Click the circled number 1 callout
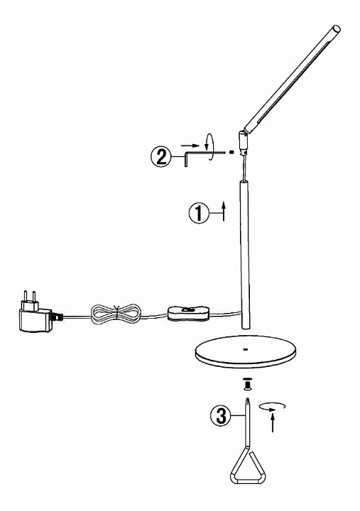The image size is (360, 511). pyautogui.click(x=199, y=214)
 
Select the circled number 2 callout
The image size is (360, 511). pyautogui.click(x=160, y=157)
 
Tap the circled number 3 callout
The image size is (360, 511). pyautogui.click(x=221, y=415)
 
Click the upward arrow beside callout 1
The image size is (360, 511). pyautogui.click(x=224, y=211)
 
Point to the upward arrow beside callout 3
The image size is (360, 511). pyautogui.click(x=273, y=422)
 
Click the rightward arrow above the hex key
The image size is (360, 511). pyautogui.click(x=190, y=145)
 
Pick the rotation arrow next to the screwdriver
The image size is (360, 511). pyautogui.click(x=272, y=407)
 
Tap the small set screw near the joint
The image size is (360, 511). pyautogui.click(x=231, y=152)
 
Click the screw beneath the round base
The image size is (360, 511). pyautogui.click(x=248, y=385)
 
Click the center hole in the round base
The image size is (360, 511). pyautogui.click(x=245, y=350)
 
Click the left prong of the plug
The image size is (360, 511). pyautogui.click(x=24, y=297)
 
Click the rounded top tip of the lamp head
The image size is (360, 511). pyautogui.click(x=337, y=28)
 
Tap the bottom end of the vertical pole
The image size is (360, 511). pyautogui.click(x=245, y=327)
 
